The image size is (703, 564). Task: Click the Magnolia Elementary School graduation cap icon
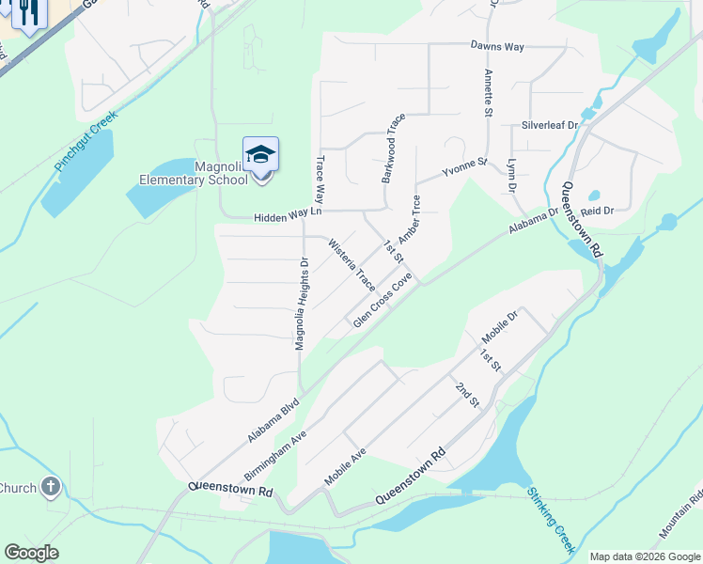point(260,154)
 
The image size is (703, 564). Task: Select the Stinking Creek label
point(550,518)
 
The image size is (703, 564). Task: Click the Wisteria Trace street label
point(351,265)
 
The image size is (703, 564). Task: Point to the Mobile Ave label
point(345,466)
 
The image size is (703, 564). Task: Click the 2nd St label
point(467,395)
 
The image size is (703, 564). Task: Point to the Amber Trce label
point(409,218)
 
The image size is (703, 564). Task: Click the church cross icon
point(51,487)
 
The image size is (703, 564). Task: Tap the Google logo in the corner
point(31,553)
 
